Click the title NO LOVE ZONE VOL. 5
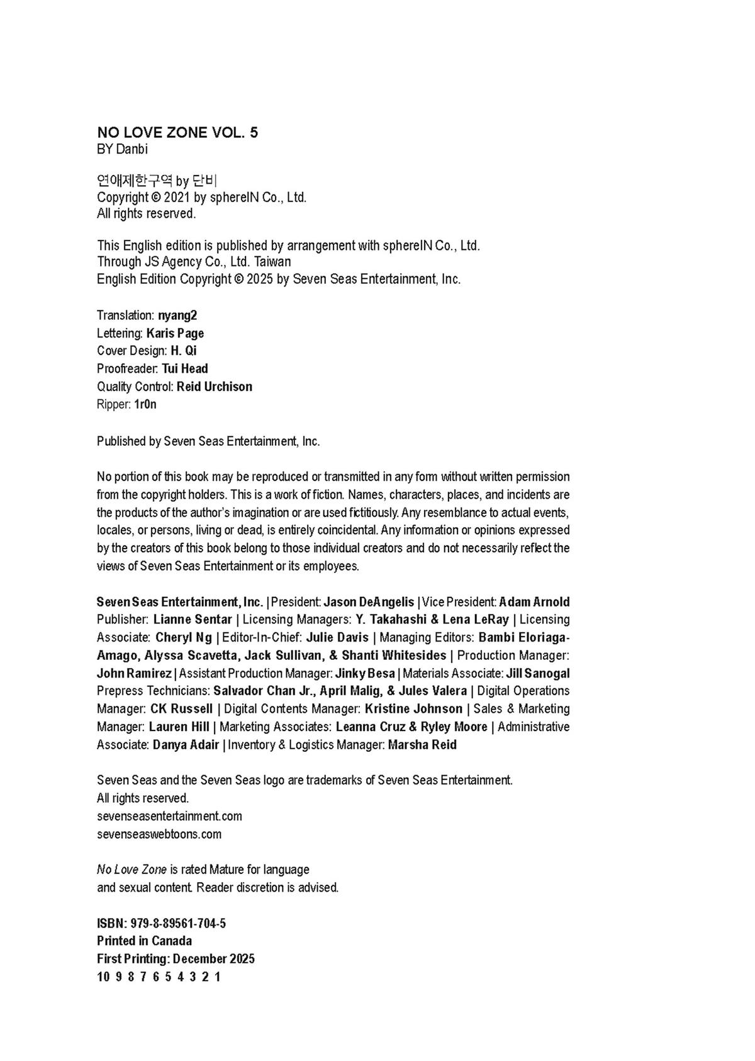coord(177,132)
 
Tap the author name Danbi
coord(131,149)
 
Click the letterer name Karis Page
coord(175,333)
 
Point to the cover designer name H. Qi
coord(183,351)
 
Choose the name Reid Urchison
coord(214,387)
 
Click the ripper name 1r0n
coord(145,404)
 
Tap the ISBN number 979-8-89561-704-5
coord(178,924)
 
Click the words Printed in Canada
coord(145,941)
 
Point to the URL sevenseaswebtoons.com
coord(159,834)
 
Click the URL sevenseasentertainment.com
coord(169,816)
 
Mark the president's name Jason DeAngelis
coord(369,602)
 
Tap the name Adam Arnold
coord(534,602)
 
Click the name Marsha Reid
coord(422,745)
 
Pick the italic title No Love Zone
coord(131,870)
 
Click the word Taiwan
coord(272,261)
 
